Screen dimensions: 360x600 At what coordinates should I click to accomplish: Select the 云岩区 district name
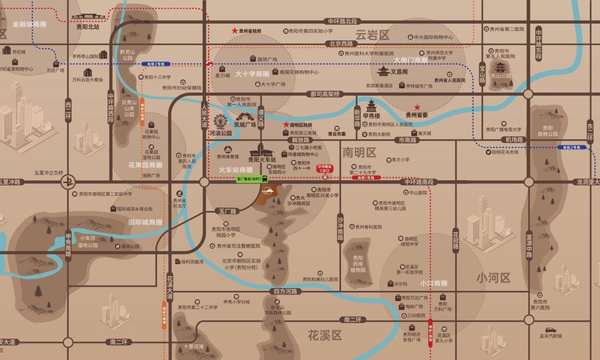[371, 35]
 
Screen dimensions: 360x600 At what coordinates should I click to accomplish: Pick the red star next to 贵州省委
[416, 106]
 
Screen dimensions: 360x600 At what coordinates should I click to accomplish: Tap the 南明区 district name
[358, 151]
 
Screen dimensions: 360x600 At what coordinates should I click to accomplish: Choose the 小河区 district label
[491, 278]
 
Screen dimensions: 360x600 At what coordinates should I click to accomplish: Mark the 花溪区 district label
[325, 334]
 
